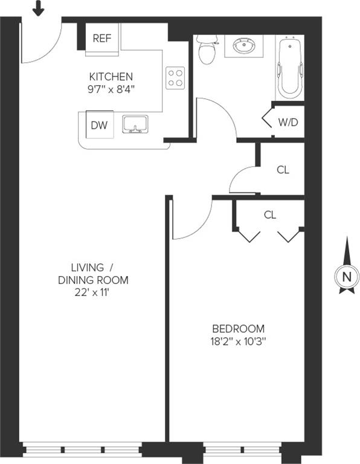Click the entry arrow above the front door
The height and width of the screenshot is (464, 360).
38,7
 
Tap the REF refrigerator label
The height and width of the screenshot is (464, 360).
102,38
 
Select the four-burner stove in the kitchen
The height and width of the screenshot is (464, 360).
175,78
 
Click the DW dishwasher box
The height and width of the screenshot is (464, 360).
100,124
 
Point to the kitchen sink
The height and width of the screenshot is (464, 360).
135,124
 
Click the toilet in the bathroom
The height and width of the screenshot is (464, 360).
207,50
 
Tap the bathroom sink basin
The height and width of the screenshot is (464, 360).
244,45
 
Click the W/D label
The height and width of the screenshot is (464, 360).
288,122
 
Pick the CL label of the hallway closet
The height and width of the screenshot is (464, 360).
283,170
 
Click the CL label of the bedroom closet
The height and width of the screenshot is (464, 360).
270,215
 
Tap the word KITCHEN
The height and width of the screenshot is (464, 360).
111,77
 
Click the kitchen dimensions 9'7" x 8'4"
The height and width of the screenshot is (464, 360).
111,89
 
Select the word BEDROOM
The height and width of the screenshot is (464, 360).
239,329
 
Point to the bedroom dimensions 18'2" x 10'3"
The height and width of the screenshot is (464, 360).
239,342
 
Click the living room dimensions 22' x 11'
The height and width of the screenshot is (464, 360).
92,292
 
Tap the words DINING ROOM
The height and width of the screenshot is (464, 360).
93,280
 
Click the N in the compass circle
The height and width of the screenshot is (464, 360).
347,277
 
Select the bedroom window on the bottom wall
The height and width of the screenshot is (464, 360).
242,450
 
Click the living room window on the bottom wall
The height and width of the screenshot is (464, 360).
82,449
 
